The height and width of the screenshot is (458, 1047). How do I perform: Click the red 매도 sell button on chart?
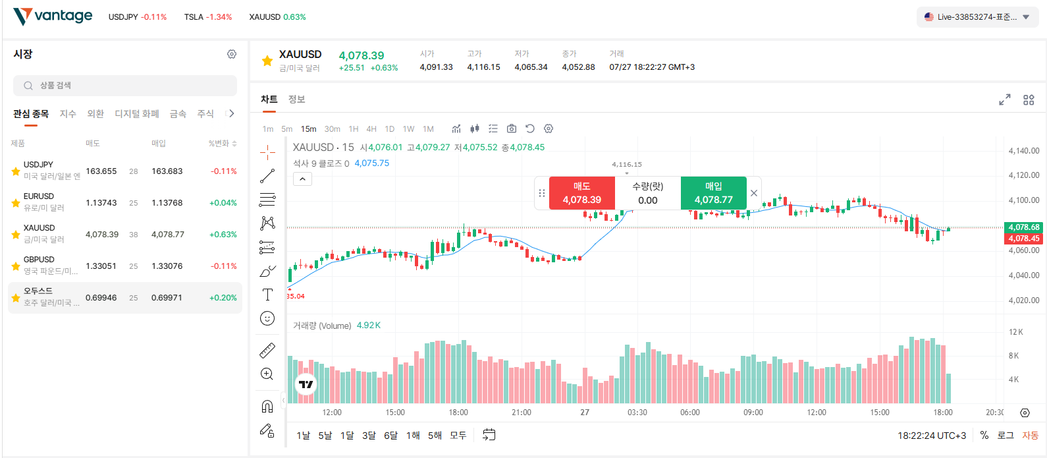[582, 193]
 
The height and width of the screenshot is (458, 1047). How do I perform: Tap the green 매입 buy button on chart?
[714, 193]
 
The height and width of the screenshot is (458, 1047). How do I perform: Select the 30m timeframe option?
[333, 129]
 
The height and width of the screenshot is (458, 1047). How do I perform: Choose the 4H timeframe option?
[371, 129]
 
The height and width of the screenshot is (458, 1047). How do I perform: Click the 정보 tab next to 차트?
[296, 100]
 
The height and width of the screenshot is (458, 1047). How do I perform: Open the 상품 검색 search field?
[125, 86]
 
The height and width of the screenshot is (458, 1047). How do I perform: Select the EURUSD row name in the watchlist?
[39, 196]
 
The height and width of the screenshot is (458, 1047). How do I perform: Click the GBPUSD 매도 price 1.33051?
[101, 266]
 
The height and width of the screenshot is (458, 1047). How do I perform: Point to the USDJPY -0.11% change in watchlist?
[223, 171]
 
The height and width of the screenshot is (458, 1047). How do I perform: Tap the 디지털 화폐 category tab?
[137, 114]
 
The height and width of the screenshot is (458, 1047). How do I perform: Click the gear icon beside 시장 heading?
[231, 54]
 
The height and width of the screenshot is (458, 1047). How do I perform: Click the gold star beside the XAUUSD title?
[267, 61]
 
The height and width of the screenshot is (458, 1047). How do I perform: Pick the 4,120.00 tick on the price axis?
[1024, 175]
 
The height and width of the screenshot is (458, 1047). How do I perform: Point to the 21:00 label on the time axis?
[521, 413]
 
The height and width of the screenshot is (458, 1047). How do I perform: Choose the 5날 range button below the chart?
[325, 436]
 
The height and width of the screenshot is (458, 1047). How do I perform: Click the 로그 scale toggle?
[1005, 436]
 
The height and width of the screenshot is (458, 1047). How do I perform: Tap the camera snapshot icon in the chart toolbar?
[512, 129]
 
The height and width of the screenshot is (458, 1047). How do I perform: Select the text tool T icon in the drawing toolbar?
[267, 295]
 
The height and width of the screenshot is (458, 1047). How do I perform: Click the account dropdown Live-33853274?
[977, 17]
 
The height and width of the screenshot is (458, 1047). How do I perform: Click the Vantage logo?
[53, 16]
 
